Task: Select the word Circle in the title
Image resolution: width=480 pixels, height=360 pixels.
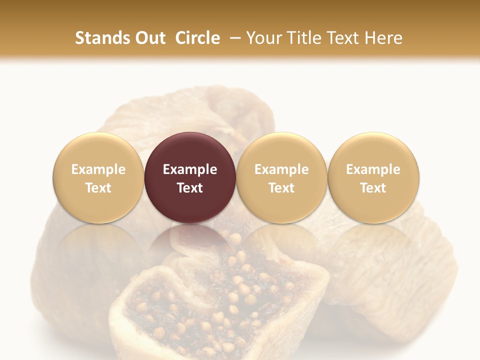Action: tap(198, 38)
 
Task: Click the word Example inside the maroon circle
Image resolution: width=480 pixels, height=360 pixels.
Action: tap(190, 169)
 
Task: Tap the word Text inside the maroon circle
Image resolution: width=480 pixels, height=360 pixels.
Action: tap(190, 188)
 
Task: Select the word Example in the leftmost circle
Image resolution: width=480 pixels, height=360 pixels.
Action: tap(98, 169)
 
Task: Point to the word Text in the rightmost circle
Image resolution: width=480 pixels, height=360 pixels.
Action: tap(373, 188)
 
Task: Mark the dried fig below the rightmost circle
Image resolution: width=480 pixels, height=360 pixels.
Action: tap(395, 280)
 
